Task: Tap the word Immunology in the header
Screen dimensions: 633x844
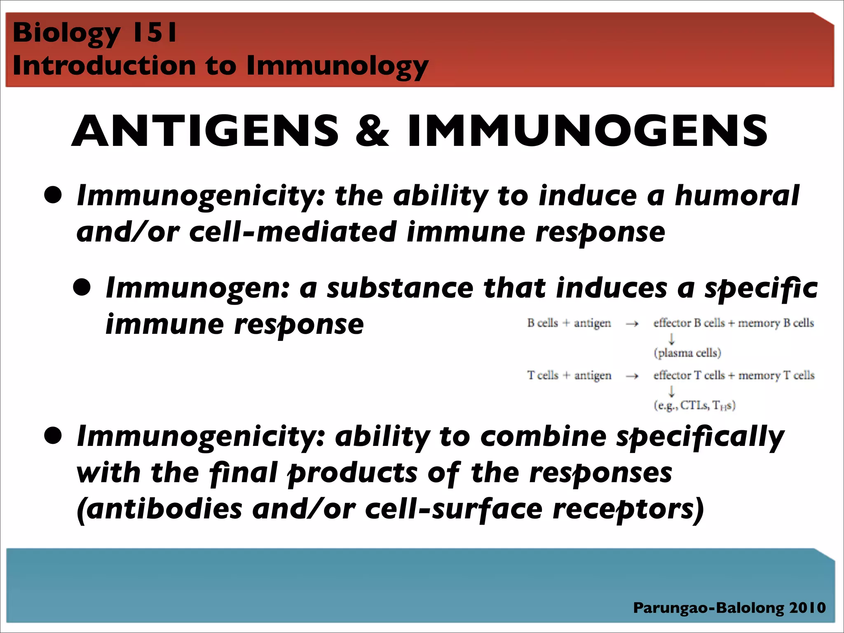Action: tap(338, 66)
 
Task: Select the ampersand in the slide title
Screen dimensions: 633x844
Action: tap(373, 131)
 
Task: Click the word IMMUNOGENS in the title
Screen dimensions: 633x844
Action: tap(587, 131)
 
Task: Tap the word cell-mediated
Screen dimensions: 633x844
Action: tap(293, 232)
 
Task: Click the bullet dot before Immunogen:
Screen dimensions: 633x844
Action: tap(82, 287)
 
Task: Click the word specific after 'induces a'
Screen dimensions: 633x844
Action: tap(761, 288)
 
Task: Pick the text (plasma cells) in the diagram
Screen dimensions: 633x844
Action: tap(687, 353)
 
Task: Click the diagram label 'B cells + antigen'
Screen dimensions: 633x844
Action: tap(569, 323)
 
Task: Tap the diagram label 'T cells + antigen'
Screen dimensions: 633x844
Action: tap(569, 375)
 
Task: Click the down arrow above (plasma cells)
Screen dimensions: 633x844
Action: tap(672, 339)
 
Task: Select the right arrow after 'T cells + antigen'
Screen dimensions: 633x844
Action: tap(632, 376)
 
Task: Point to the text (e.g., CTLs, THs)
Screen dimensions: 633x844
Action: tap(694, 406)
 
